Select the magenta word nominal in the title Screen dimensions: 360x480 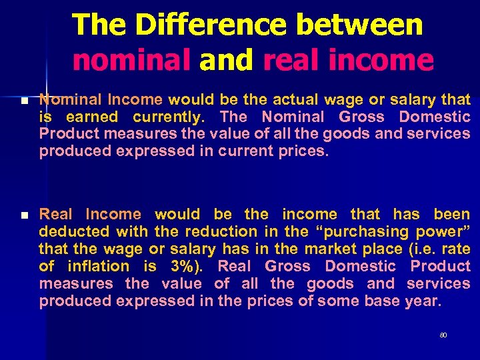131,61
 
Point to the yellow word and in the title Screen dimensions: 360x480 226,61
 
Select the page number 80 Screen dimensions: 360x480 443,335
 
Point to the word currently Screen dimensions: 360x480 169,117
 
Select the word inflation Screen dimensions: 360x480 104,267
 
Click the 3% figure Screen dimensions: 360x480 190,267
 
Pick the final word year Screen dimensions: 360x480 423,301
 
